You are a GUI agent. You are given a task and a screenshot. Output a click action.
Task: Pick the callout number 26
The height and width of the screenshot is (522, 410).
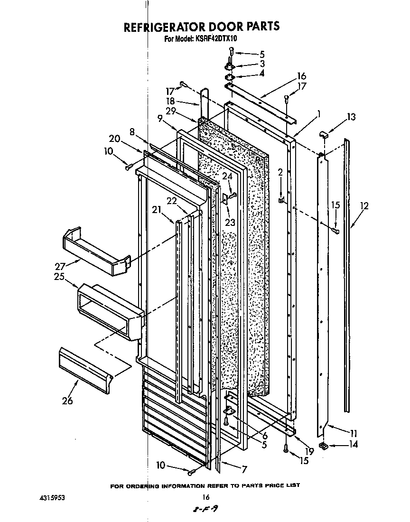(x=67, y=401)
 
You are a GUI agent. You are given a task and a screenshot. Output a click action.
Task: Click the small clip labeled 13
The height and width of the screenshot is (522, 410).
(x=325, y=136)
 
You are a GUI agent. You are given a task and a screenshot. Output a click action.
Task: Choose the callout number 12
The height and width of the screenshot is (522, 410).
(x=364, y=206)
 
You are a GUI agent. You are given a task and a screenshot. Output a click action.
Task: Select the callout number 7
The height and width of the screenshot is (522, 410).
(x=244, y=470)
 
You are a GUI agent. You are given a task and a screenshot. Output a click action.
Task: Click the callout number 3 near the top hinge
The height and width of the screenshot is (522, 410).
(x=262, y=64)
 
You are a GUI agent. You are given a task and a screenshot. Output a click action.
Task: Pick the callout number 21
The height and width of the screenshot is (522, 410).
(x=157, y=210)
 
